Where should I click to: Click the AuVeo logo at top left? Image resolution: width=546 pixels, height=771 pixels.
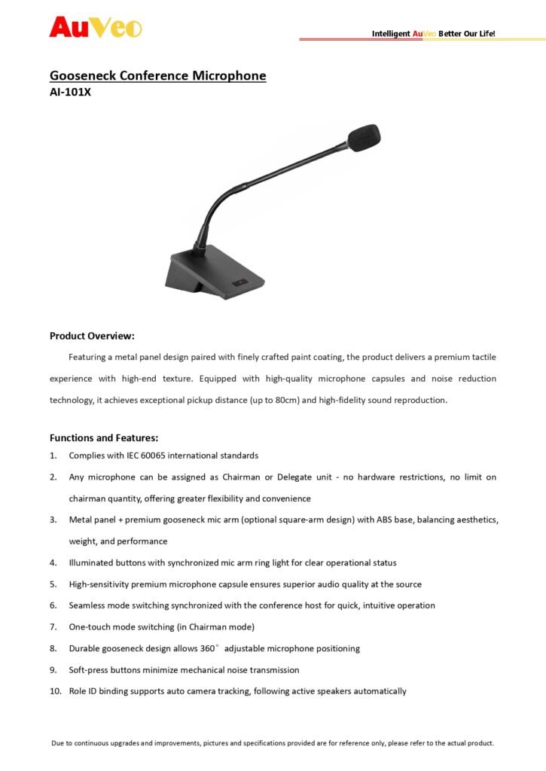(96, 27)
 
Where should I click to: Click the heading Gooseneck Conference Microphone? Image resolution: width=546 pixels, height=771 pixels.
(157, 76)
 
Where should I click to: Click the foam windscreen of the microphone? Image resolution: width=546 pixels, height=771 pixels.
(363, 139)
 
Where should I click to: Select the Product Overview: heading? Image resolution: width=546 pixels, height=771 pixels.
(92, 336)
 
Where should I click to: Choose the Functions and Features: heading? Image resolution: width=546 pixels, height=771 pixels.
(103, 437)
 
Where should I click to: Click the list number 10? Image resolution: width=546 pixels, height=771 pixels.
(55, 691)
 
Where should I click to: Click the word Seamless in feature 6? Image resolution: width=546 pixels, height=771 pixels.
(89, 605)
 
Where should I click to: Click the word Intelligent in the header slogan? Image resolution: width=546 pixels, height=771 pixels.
(391, 34)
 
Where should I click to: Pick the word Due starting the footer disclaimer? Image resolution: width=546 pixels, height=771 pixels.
(58, 743)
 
